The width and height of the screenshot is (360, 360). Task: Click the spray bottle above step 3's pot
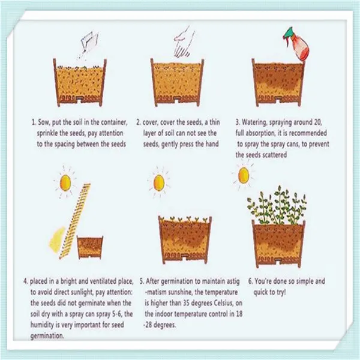pos(298,44)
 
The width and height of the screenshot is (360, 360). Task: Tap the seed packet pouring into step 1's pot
pos(89,42)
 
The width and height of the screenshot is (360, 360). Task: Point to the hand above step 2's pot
pos(184,42)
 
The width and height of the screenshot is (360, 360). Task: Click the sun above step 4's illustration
pos(65,182)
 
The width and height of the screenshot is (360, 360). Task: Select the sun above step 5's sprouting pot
pos(159,182)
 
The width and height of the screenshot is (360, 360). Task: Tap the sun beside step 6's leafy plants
pos(244,175)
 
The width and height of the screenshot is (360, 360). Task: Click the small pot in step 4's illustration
pos(90,247)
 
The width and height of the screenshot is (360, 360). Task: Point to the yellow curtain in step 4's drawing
pos(57,239)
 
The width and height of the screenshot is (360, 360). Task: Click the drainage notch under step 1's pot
pos(80,99)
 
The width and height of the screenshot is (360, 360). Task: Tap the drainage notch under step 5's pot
pos(185,257)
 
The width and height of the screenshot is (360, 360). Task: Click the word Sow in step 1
pos(43,122)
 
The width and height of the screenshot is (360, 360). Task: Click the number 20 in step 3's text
pos(317,122)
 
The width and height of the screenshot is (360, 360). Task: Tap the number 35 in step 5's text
pos(187,303)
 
